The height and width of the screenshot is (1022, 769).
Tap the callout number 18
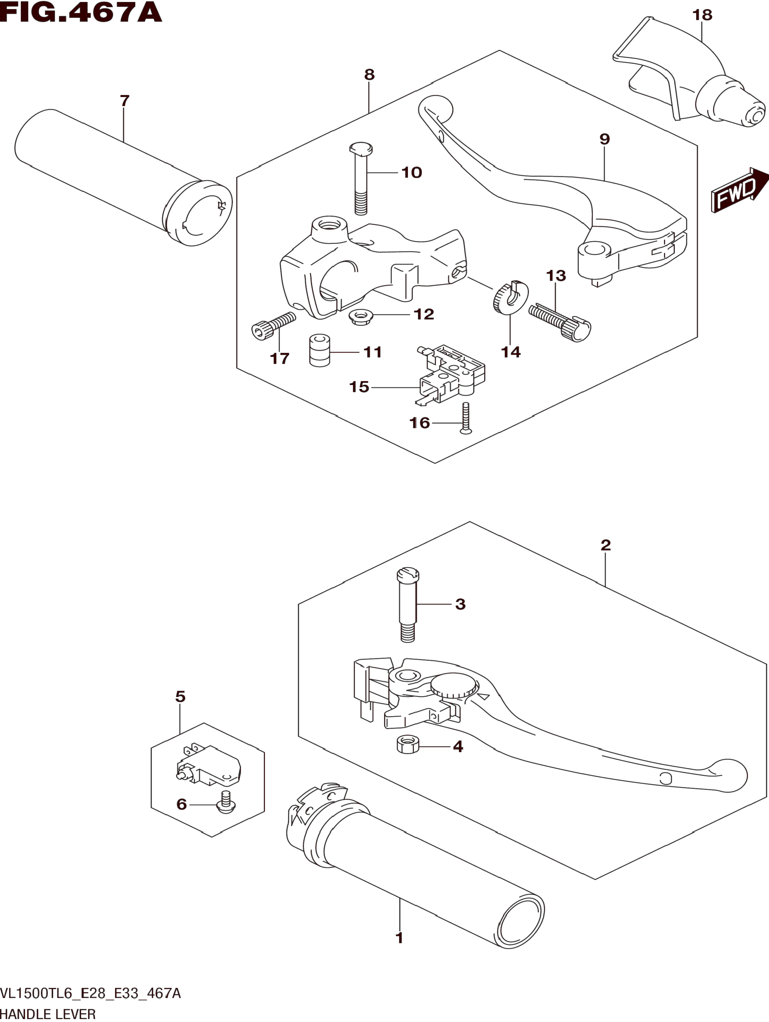click(x=702, y=15)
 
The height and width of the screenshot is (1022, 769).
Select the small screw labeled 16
click(x=466, y=417)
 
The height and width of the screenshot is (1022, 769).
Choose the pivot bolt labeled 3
click(x=408, y=605)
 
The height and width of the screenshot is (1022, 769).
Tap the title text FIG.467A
click(x=81, y=13)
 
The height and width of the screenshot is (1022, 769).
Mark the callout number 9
click(x=604, y=139)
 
